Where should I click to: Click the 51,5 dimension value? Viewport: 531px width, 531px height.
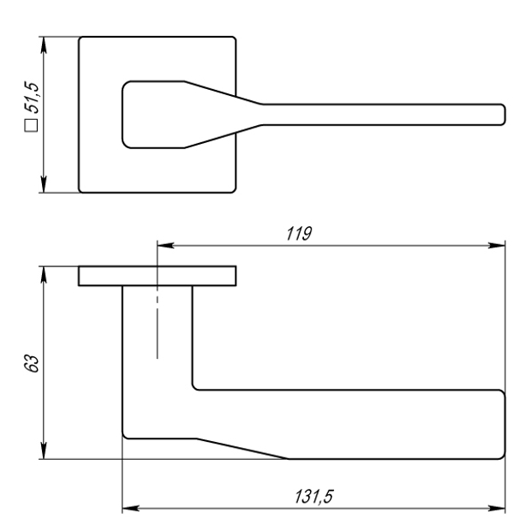(32, 97)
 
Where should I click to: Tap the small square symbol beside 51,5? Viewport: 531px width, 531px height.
(31, 125)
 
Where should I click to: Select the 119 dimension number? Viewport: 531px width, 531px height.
(299, 234)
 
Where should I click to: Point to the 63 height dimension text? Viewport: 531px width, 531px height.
(32, 363)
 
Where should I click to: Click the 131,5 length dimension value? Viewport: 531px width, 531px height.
(313, 497)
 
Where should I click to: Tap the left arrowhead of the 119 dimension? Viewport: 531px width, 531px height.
(165, 245)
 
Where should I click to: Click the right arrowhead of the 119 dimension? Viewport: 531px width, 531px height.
(497, 245)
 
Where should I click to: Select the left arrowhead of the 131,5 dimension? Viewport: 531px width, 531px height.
(131, 508)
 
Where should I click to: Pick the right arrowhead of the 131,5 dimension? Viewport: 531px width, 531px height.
(497, 508)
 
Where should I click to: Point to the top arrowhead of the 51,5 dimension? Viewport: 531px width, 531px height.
(44, 45)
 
